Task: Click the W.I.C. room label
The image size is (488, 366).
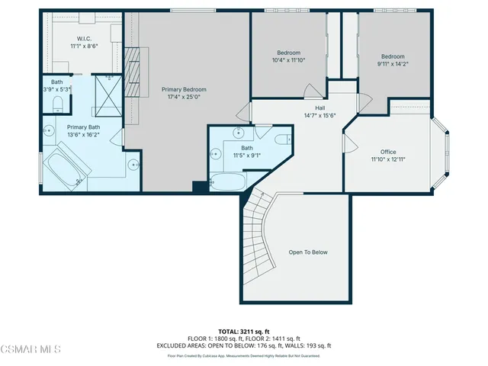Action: [84, 38]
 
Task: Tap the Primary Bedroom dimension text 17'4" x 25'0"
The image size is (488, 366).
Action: [184, 97]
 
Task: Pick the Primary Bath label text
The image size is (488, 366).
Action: [83, 127]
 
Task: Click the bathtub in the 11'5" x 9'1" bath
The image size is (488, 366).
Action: [228, 182]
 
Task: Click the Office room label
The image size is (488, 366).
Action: [388, 152]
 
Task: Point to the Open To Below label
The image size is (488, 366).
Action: [308, 252]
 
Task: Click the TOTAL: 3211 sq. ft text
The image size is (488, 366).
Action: [244, 331]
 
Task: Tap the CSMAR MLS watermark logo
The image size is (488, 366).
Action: [30, 350]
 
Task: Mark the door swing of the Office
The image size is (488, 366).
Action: [351, 144]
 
